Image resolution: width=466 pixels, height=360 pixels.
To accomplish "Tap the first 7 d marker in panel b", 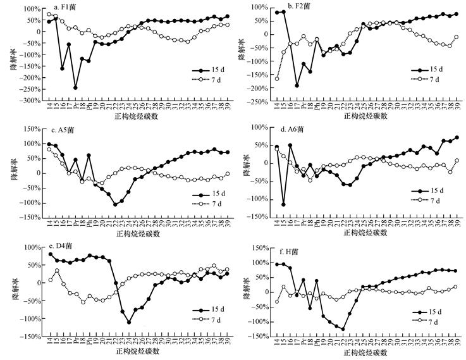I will click(278, 78).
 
